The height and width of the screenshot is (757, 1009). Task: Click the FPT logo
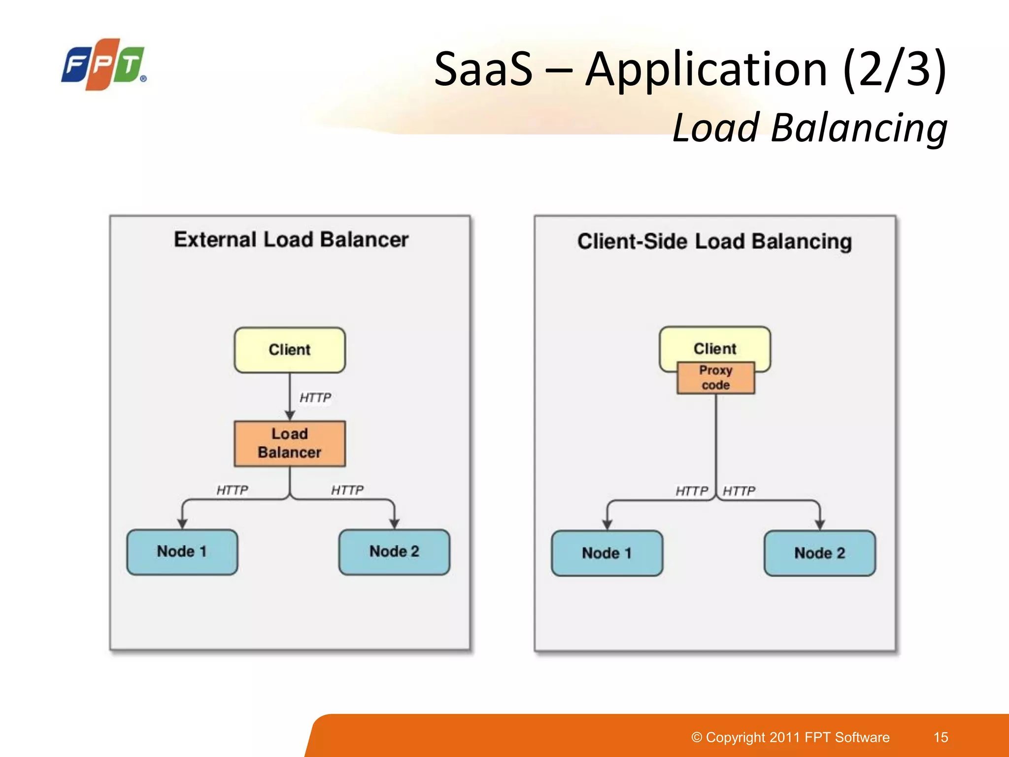(103, 65)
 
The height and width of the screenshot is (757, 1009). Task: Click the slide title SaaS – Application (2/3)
(690, 69)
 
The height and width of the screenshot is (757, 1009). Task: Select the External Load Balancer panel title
(291, 240)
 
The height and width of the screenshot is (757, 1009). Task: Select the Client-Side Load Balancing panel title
(714, 242)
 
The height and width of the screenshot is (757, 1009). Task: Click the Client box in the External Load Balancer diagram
(290, 350)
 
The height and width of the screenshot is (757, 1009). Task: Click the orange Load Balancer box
(290, 444)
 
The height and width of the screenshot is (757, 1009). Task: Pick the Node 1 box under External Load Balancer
(182, 552)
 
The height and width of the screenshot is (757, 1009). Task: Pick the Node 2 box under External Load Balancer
(394, 552)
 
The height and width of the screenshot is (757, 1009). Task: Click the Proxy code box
(716, 378)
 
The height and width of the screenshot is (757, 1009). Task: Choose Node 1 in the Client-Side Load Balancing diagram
(607, 553)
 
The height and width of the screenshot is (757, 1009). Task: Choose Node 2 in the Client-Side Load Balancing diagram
(820, 553)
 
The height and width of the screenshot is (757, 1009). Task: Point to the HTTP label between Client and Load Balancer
(315, 398)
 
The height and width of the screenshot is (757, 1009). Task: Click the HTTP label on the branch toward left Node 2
(347, 490)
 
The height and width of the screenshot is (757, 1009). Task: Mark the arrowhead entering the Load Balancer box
(290, 415)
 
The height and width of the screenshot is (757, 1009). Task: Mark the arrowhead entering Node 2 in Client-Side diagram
(820, 525)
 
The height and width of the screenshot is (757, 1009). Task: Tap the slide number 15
(941, 737)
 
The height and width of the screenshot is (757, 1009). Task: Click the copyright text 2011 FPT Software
(790, 737)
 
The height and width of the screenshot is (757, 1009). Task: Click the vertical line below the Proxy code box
(716, 444)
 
